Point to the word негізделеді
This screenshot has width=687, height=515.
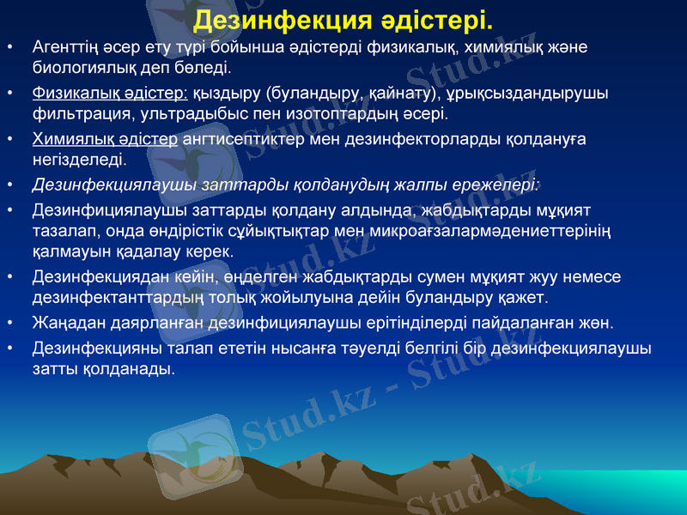[79, 159]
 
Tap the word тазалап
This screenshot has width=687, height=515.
[62, 231]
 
